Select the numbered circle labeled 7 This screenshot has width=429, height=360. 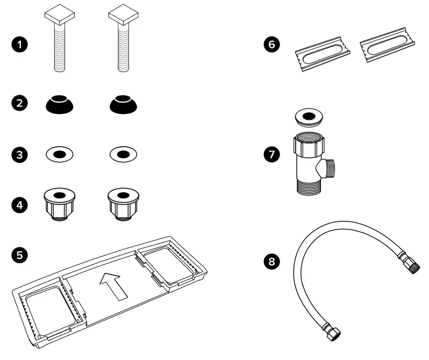click(x=273, y=155)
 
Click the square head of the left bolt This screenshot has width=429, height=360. click(x=59, y=18)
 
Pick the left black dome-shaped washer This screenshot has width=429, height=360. click(x=60, y=104)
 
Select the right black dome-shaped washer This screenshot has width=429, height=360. click(x=124, y=104)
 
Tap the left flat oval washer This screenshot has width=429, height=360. click(x=60, y=154)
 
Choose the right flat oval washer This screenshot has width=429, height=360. click(x=124, y=154)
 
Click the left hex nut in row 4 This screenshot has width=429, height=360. click(x=60, y=203)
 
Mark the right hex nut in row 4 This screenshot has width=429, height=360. click(x=124, y=203)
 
